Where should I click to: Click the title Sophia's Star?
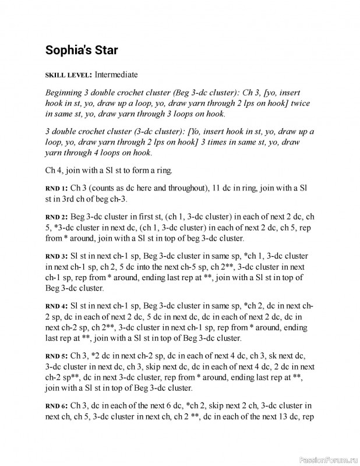coord(82,50)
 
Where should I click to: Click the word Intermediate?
coord(117,75)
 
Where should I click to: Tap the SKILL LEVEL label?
coord(68,75)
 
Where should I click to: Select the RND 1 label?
coord(56,189)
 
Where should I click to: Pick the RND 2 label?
coord(56,217)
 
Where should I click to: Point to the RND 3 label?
coord(56,256)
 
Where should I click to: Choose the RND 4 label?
coord(56,306)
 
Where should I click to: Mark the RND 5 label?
coord(56,355)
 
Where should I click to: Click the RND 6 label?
coord(56,405)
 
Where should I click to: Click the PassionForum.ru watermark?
coord(327,460)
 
